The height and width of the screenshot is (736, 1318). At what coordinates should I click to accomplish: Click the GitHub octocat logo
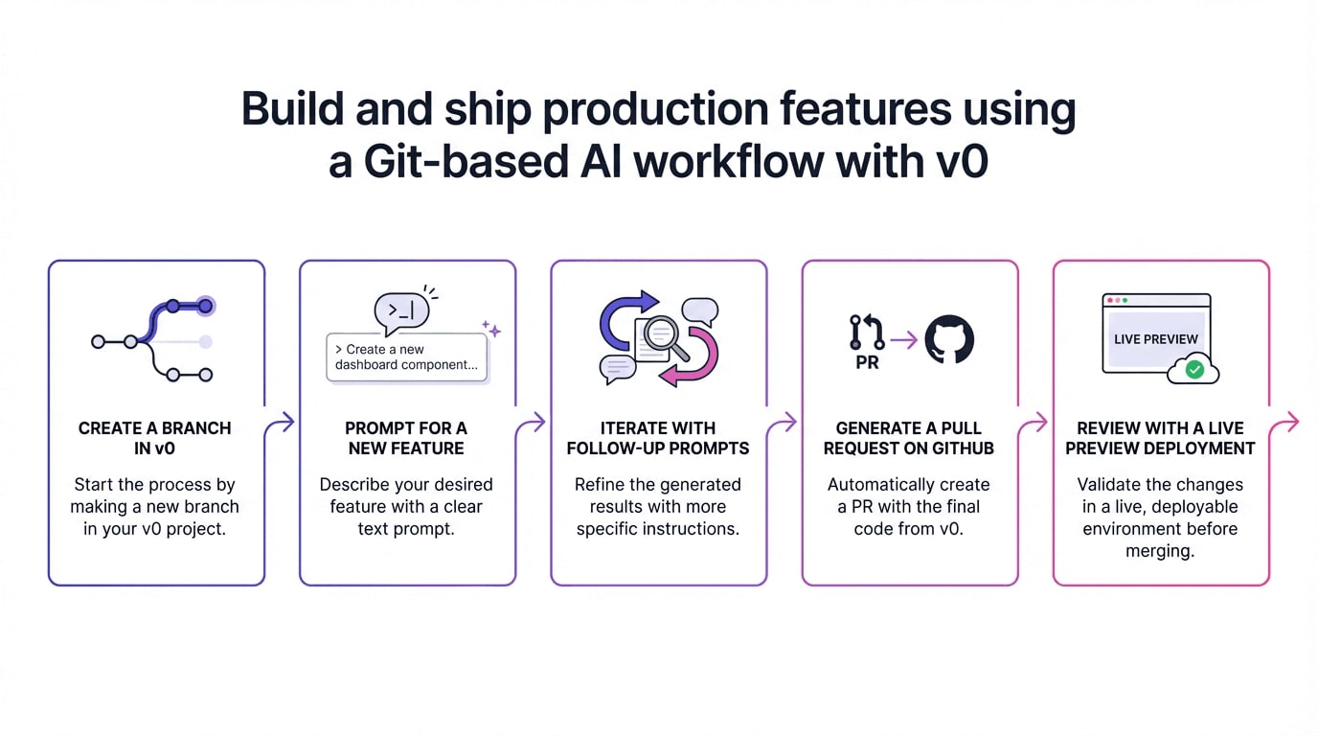[x=949, y=339]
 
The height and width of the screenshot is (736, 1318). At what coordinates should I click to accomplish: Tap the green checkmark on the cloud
[x=1194, y=369]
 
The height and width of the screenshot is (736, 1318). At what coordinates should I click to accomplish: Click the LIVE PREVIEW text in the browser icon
[x=1156, y=339]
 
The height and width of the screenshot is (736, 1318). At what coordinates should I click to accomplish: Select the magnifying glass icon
[x=663, y=336]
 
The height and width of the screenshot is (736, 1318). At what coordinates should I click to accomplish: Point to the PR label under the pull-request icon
[x=867, y=363]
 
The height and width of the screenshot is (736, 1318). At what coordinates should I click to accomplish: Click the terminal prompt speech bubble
[x=401, y=311]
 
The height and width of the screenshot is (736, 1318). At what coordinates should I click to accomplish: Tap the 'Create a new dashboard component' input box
[x=406, y=357]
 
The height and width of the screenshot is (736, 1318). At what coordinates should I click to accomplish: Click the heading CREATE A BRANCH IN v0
[x=155, y=438]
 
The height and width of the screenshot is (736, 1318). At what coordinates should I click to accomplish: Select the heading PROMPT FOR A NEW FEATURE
[x=406, y=438]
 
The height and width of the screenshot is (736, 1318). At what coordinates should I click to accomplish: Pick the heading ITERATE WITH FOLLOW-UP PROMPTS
[x=658, y=438]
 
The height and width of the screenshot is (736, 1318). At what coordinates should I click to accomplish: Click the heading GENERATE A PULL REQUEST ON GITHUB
[x=909, y=438]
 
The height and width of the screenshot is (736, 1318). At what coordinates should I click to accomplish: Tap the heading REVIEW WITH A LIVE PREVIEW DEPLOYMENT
[x=1160, y=438]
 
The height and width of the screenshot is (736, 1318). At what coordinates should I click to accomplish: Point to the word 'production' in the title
[x=655, y=109]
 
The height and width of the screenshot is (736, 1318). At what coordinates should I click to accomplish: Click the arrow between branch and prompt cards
[x=282, y=422]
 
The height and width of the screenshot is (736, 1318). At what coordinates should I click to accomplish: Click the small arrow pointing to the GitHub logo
[x=903, y=339]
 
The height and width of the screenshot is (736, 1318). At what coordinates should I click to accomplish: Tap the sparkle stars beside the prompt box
[x=491, y=329]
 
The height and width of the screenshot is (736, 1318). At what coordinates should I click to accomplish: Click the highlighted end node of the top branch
[x=204, y=307]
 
